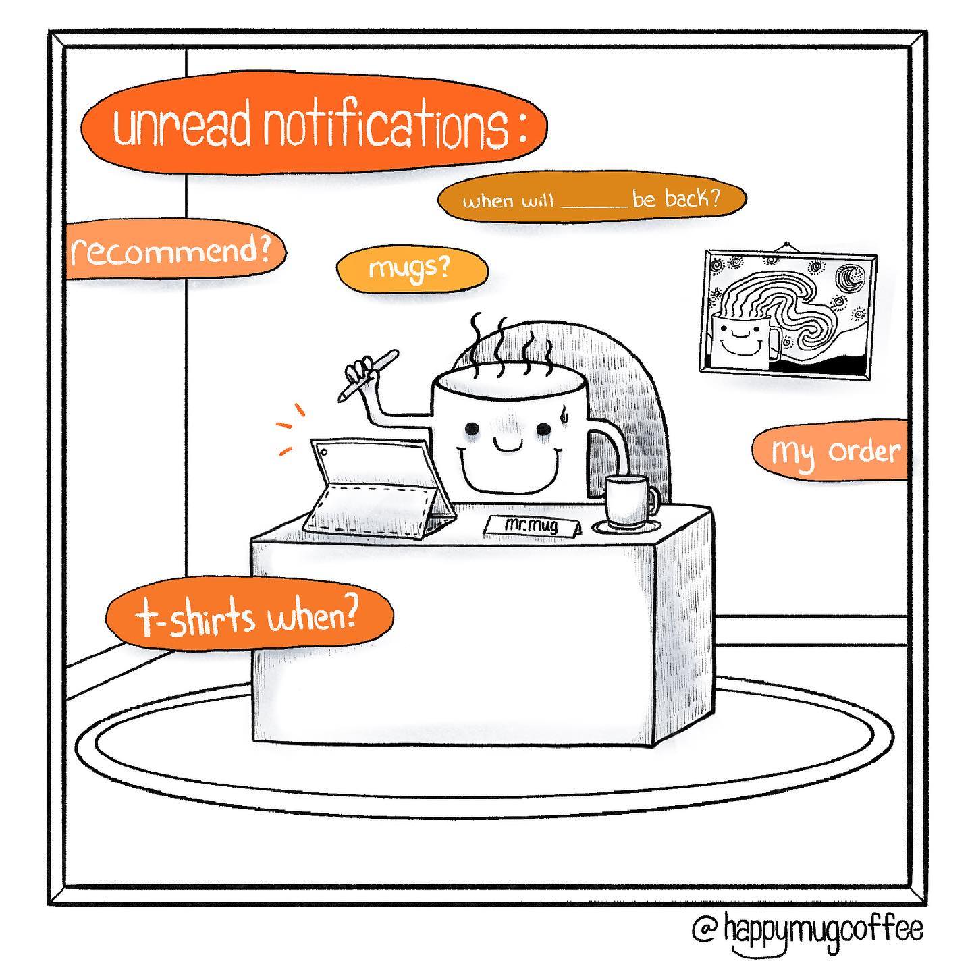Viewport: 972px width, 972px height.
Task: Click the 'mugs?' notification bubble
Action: (412, 270)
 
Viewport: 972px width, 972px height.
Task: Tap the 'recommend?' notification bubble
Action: (174, 250)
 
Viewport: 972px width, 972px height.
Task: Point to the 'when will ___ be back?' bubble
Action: (591, 200)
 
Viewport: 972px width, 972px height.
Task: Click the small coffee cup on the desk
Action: (628, 503)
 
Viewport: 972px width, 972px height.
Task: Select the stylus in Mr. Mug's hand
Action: (367, 375)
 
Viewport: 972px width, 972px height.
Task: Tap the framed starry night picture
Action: (788, 315)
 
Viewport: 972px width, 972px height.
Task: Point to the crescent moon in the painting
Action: (851, 277)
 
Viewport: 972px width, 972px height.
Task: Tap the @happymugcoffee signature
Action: (807, 929)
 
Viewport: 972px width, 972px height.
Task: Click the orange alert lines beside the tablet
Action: (291, 430)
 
